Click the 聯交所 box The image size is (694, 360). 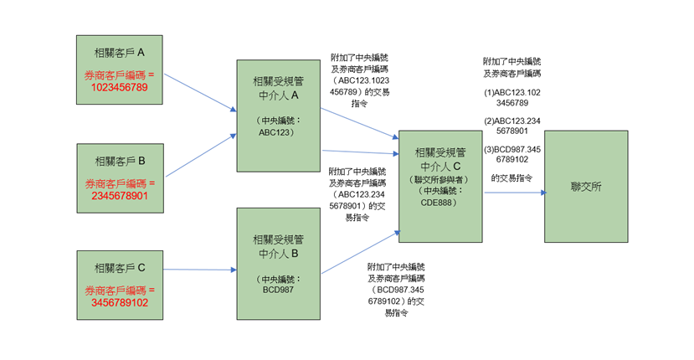(586, 186)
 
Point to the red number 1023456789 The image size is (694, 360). (125, 87)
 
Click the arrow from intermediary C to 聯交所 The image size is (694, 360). (513, 192)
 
